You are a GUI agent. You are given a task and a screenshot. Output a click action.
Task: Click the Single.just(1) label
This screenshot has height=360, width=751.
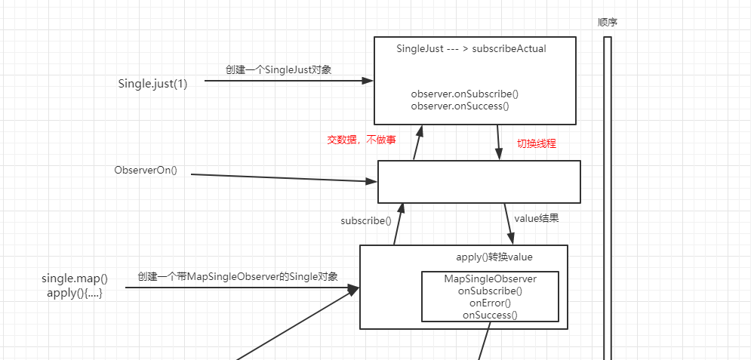(x=152, y=83)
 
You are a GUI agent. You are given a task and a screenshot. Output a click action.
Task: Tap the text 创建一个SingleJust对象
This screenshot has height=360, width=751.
(x=279, y=69)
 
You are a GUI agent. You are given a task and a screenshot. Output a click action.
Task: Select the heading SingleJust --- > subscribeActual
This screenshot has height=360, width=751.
(x=471, y=48)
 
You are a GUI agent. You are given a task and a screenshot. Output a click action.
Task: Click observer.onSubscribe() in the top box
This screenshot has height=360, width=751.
(x=465, y=94)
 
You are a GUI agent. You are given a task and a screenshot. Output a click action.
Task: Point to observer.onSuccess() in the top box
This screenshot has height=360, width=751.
(x=460, y=106)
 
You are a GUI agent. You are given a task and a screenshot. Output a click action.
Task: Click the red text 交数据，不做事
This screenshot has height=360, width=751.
(x=361, y=140)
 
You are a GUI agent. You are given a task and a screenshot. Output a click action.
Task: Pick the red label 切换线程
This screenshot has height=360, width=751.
(x=536, y=143)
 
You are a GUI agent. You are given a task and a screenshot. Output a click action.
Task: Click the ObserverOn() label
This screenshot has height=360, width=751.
(x=146, y=170)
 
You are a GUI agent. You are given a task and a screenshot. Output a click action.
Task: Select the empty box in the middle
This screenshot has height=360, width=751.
(x=479, y=182)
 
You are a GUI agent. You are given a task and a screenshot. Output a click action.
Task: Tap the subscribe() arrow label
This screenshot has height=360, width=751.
(x=366, y=221)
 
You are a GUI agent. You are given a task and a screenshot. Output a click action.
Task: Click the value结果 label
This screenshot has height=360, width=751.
(x=536, y=218)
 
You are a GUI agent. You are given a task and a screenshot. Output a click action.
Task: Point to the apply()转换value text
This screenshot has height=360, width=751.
(x=494, y=257)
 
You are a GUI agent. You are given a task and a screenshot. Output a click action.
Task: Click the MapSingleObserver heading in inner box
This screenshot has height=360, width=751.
(x=490, y=278)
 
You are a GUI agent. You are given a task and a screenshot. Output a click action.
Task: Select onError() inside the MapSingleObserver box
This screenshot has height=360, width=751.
(x=490, y=303)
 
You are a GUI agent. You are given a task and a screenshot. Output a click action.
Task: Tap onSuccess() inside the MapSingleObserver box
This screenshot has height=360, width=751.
(x=490, y=315)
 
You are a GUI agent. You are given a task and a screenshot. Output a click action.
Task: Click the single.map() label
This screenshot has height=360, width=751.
(x=75, y=278)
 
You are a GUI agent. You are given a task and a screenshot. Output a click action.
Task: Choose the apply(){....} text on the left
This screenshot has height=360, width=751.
(x=75, y=293)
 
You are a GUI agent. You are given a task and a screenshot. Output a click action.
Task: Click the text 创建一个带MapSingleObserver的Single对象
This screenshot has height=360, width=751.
(x=237, y=276)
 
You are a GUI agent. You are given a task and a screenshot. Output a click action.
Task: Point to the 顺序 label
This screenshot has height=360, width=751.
(x=608, y=22)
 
